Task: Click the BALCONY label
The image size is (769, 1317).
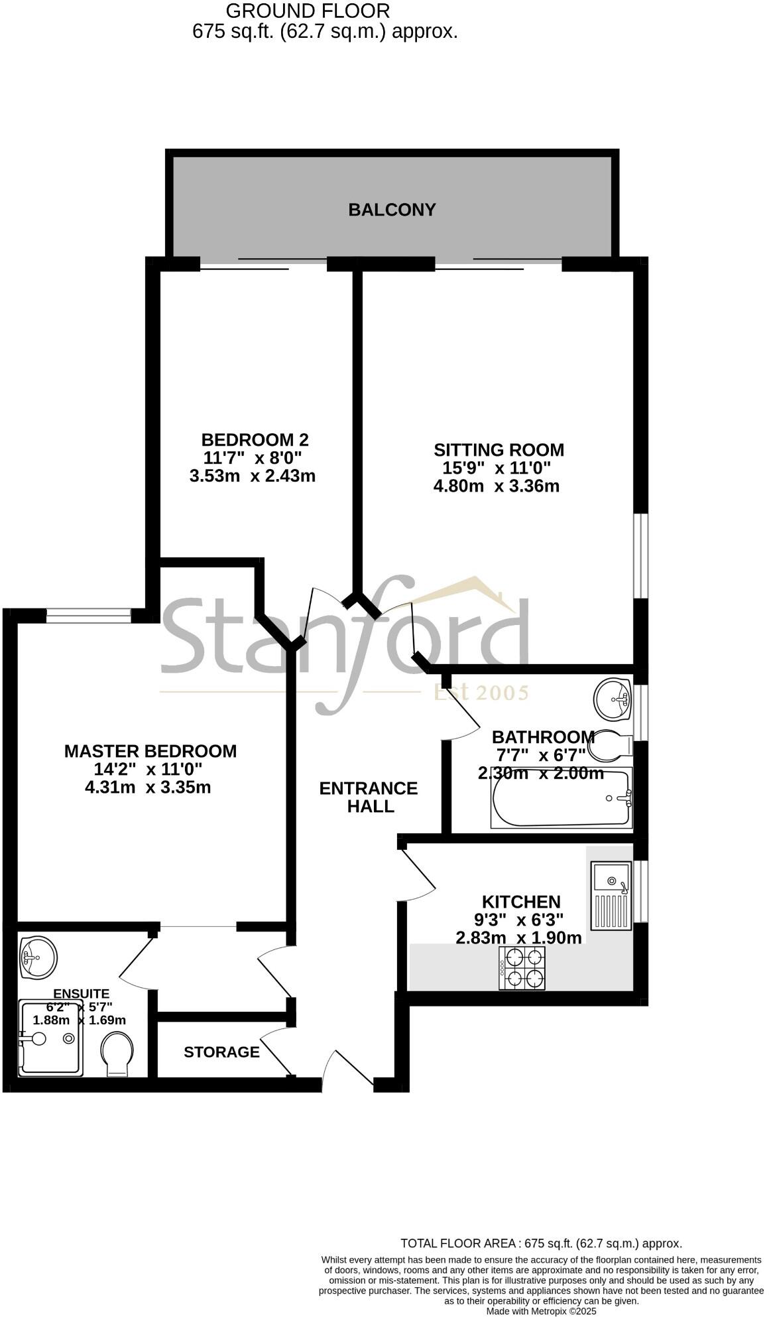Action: pyautogui.click(x=392, y=210)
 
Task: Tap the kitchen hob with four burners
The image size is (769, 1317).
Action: pyautogui.click(x=522, y=968)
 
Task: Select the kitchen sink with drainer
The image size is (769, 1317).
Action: pyautogui.click(x=611, y=895)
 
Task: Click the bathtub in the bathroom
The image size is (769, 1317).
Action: pyautogui.click(x=561, y=798)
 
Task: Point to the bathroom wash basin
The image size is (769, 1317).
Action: pyautogui.click(x=613, y=699)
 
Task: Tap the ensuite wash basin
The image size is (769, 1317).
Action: pyautogui.click(x=38, y=957)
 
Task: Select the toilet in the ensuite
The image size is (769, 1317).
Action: pyautogui.click(x=118, y=1053)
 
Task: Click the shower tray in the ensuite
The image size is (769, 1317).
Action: pyautogui.click(x=51, y=1039)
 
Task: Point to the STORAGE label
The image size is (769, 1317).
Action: pyautogui.click(x=221, y=1052)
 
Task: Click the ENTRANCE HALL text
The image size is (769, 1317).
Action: pyautogui.click(x=369, y=797)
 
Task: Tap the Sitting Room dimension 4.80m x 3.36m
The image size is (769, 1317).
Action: pyautogui.click(x=497, y=486)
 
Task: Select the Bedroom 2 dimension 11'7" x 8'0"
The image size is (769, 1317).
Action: pyautogui.click(x=253, y=457)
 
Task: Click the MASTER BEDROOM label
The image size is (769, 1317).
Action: pyautogui.click(x=150, y=751)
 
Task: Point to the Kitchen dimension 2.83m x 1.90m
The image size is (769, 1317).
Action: pyautogui.click(x=518, y=937)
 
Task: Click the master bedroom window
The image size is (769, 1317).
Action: pyautogui.click(x=89, y=616)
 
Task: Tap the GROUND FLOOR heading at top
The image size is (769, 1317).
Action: pyautogui.click(x=308, y=11)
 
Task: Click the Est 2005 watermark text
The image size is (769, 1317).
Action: pyautogui.click(x=481, y=693)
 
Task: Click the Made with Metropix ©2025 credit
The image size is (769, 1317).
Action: pyautogui.click(x=542, y=1311)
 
